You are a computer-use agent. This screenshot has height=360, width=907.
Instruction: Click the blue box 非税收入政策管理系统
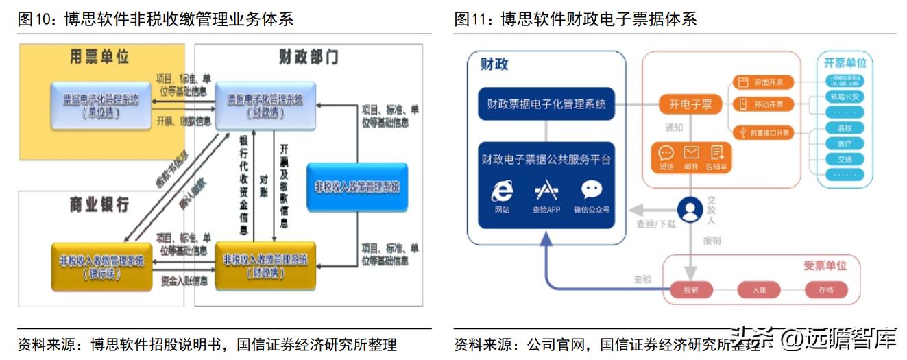(x=357, y=187)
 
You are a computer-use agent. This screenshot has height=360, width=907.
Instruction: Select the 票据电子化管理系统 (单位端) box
(x=101, y=105)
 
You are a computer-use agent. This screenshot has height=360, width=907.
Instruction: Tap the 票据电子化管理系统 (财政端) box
(x=265, y=105)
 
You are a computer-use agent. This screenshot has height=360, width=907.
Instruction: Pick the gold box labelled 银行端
(x=101, y=266)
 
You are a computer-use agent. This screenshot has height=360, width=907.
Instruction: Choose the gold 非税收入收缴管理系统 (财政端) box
(x=265, y=265)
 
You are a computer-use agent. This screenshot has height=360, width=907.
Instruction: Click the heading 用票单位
(x=99, y=56)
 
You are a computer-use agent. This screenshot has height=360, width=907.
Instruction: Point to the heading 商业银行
(x=99, y=204)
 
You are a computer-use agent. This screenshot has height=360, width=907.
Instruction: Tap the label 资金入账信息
(x=184, y=280)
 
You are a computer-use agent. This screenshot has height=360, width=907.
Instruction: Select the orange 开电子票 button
(x=690, y=104)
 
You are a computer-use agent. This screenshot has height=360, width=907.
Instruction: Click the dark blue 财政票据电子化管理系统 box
(x=546, y=104)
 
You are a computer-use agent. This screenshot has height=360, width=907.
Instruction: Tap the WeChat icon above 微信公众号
(x=591, y=190)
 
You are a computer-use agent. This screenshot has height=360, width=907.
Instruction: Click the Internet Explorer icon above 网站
(x=502, y=190)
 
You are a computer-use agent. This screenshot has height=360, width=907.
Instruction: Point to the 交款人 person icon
(x=690, y=209)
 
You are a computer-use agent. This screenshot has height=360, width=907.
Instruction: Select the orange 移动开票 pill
(x=763, y=104)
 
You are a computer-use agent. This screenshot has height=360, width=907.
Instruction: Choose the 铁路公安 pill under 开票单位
(x=844, y=96)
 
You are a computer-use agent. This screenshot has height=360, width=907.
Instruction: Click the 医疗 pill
(x=844, y=143)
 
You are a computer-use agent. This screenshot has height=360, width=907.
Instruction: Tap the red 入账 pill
(x=758, y=290)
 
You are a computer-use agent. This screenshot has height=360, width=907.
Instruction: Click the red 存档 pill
(x=825, y=290)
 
